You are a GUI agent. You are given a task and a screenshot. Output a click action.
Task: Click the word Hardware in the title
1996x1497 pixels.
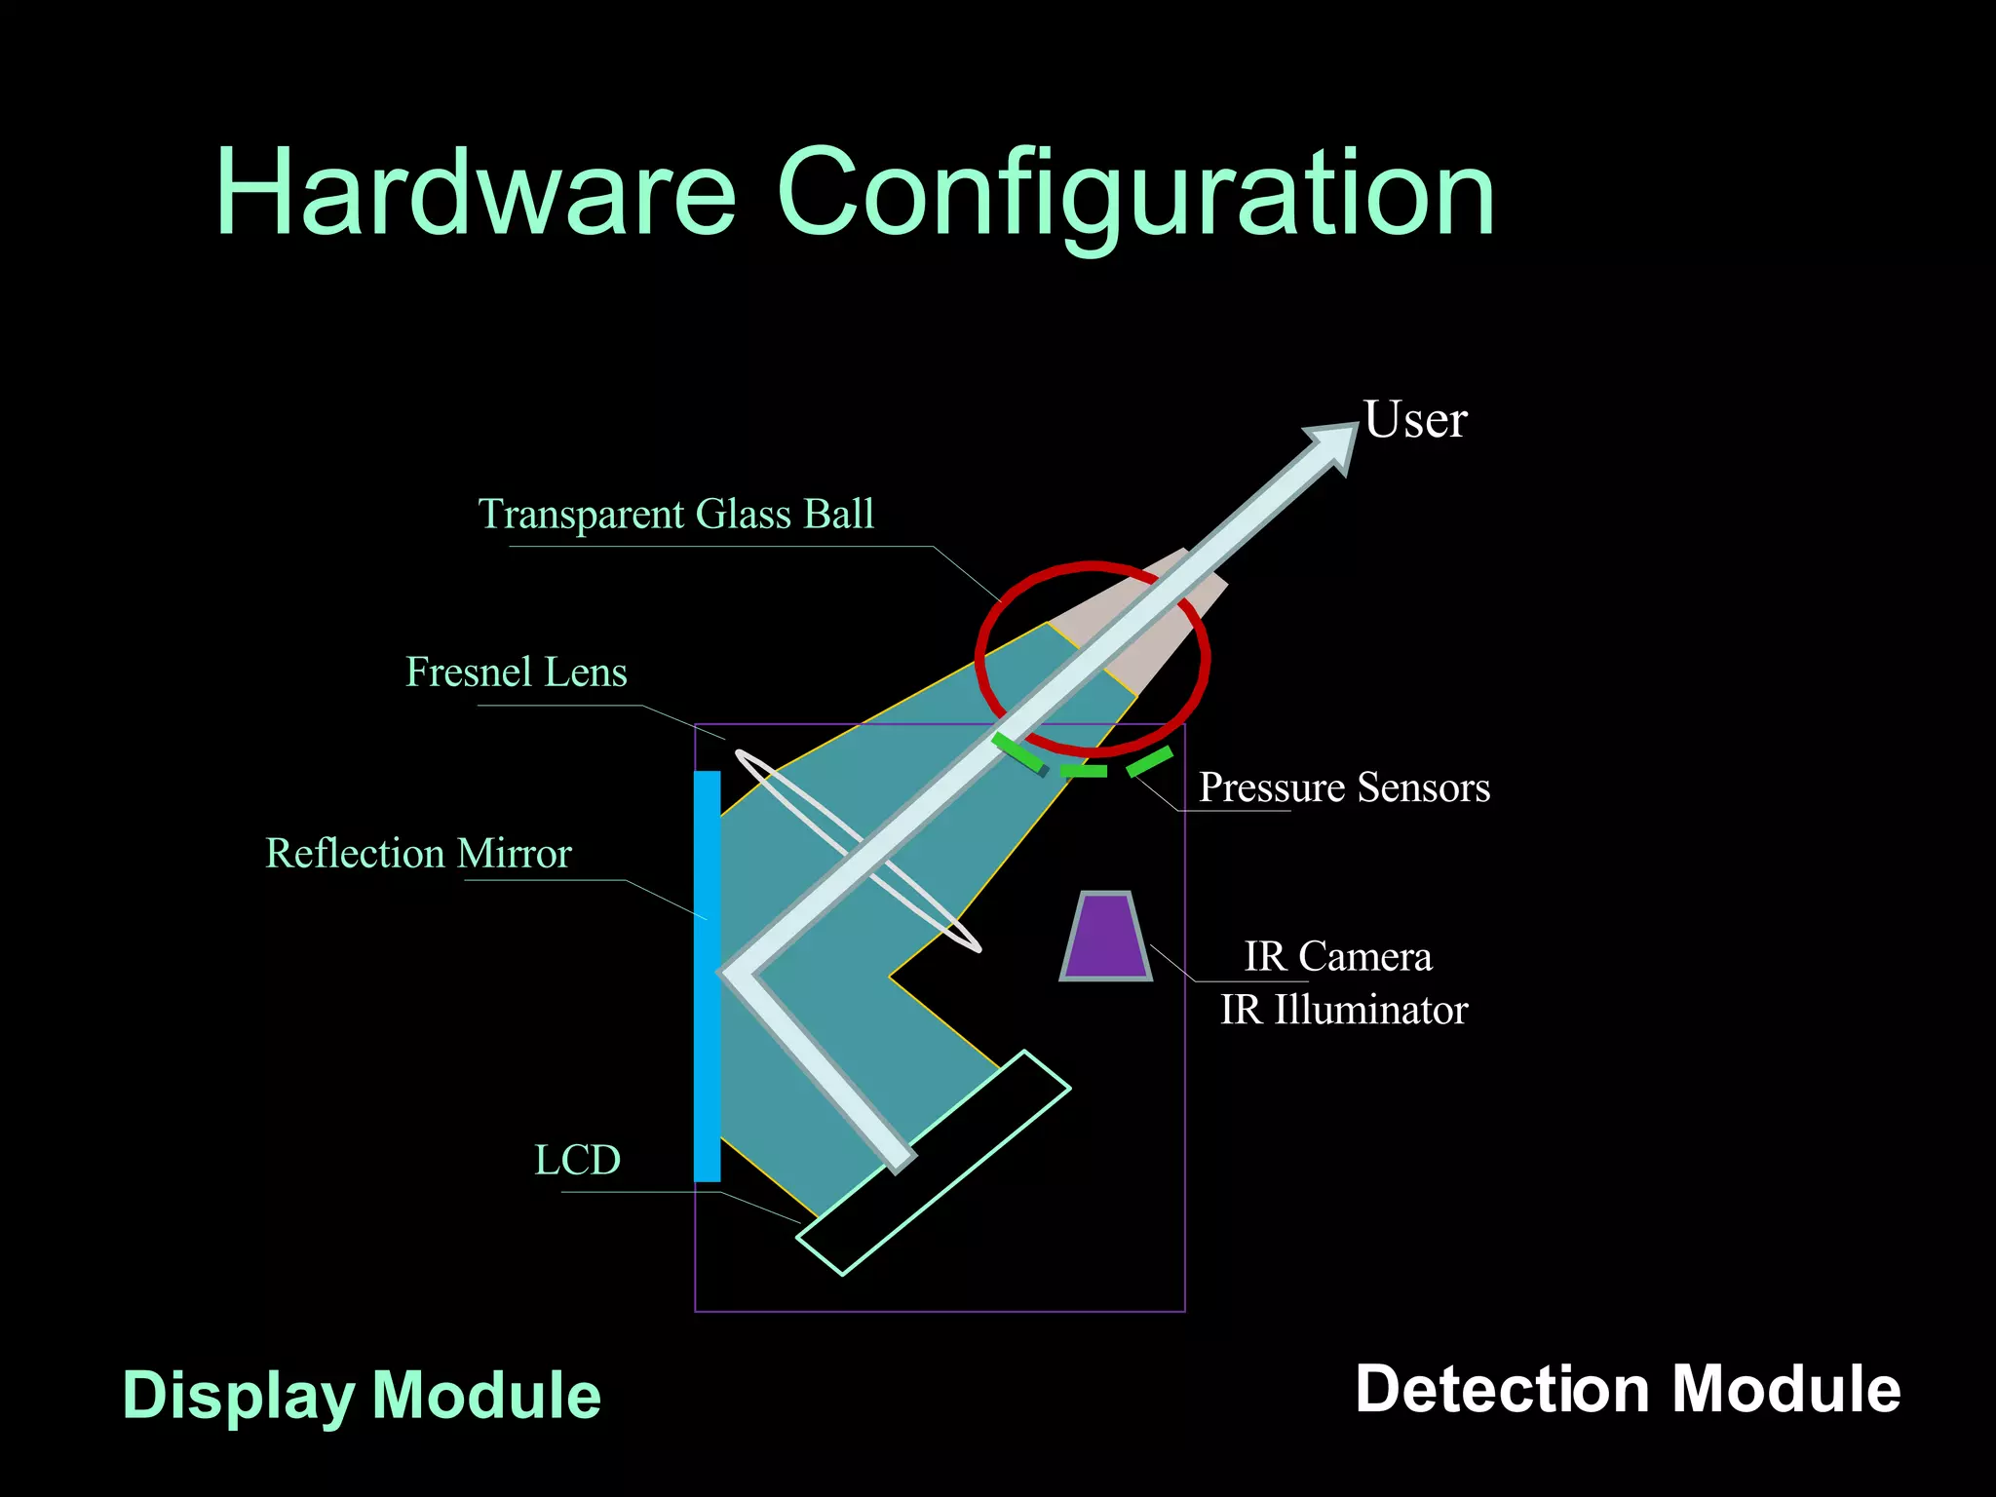pos(476,191)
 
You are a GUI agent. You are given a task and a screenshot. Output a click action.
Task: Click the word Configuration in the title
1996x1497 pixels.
pos(1135,195)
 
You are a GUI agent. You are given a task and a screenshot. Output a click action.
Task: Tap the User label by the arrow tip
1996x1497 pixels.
pos(1414,421)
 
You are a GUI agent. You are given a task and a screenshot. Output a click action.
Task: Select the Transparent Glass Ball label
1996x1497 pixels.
pos(675,514)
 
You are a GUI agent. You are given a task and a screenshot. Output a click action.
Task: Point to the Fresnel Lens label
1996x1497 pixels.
pos(516,672)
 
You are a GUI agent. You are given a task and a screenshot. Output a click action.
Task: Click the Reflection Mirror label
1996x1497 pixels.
pos(418,854)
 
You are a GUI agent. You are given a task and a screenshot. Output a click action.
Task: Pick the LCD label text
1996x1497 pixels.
pos(577,1160)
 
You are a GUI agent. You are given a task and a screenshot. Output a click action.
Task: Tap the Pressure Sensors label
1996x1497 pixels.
pos(1344,787)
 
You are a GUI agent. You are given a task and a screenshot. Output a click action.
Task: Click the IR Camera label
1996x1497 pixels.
pos(1338,957)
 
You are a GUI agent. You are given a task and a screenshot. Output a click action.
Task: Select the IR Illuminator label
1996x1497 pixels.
pos(1344,1011)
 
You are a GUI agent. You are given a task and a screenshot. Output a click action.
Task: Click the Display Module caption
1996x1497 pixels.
pos(362,1395)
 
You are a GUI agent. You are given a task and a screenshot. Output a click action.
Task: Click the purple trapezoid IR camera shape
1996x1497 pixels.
pos(1106,937)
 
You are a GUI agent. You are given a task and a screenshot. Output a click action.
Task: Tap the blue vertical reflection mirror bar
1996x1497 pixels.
pos(707,975)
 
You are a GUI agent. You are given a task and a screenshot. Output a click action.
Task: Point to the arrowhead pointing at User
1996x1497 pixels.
pos(1336,444)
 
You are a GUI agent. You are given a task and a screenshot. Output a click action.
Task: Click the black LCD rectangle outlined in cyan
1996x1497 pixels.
pos(934,1163)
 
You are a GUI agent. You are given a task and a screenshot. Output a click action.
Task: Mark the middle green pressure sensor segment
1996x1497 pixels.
pos(1083,771)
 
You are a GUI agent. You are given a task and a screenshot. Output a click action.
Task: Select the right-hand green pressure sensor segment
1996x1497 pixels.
pos(1150,761)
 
